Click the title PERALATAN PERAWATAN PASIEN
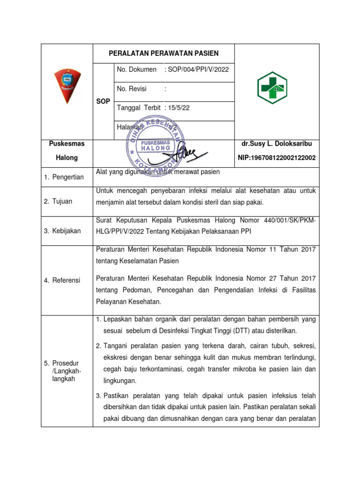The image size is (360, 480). [x=164, y=53]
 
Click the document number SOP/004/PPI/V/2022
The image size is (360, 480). [x=197, y=69]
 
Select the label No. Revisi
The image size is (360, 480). [x=132, y=89]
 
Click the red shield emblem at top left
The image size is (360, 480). [x=67, y=86]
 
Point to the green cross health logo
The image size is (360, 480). [x=272, y=88]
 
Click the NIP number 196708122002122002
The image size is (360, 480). [x=277, y=158]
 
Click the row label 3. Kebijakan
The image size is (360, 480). [x=62, y=231]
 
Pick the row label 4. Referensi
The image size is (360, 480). [x=62, y=280]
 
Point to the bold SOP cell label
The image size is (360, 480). [x=103, y=101]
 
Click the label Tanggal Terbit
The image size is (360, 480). [x=139, y=108]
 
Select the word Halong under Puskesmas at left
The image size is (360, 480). [x=67, y=158]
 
